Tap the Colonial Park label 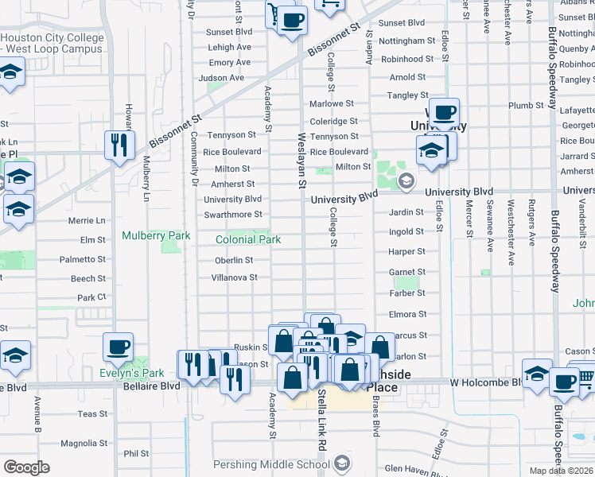248,239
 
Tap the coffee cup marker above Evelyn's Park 119,347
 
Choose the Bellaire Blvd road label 150,386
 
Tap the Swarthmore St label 233,215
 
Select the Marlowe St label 331,104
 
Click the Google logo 27,467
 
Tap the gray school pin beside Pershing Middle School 341,463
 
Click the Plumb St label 526,105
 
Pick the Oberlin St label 234,260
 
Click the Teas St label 92,414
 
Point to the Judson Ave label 221,78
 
